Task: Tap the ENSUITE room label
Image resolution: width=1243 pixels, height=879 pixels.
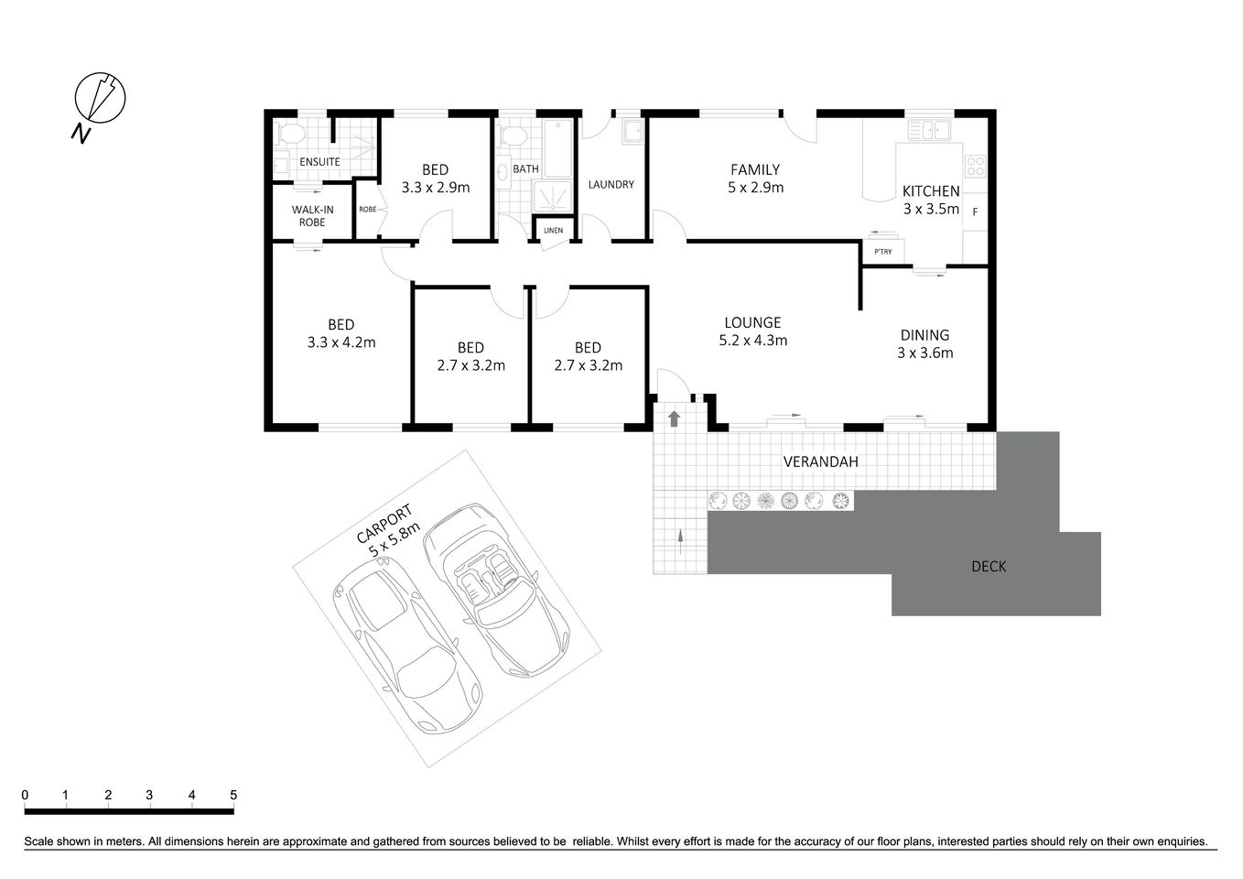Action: [319, 162]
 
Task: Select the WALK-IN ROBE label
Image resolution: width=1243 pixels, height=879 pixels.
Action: [312, 216]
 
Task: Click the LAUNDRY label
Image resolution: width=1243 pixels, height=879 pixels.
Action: [611, 185]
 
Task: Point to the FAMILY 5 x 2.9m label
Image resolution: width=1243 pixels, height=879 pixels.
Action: [755, 179]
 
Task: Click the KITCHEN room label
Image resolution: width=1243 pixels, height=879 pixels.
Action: [930, 200]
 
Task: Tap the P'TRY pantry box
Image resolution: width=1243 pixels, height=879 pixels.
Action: [883, 252]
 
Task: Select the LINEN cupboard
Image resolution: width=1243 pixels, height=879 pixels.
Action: [554, 230]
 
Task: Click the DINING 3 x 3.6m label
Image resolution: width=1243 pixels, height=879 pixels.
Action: [924, 343]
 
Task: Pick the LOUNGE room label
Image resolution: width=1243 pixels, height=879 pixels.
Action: [752, 331]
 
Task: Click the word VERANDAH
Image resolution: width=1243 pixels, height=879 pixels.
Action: [820, 462]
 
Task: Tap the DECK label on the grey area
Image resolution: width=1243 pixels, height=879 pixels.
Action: [989, 567]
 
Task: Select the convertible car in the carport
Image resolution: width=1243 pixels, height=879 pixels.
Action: [495, 586]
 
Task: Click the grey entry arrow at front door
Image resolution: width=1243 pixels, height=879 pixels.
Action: [674, 419]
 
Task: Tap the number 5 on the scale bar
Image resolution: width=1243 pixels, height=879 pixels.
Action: [233, 795]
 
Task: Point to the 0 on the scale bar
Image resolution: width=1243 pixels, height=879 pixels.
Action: [25, 795]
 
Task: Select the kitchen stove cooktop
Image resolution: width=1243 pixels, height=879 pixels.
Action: [976, 166]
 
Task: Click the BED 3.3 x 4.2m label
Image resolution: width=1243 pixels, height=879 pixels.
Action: [341, 333]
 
